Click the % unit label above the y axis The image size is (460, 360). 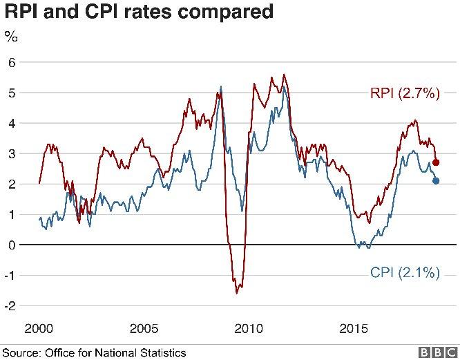[11, 37]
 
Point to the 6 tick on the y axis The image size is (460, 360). [11, 62]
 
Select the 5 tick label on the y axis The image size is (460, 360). [11, 93]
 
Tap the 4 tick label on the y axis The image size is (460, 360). [11, 123]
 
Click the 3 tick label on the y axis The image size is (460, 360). [11, 153]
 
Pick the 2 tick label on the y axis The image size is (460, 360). [11, 184]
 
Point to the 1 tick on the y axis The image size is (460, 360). [11, 214]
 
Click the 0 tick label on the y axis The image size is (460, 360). [11, 245]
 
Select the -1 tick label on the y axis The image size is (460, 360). [10, 275]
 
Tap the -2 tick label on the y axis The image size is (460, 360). [10, 305]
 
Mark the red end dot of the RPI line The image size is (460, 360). [436, 162]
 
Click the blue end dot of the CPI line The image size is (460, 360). [436, 181]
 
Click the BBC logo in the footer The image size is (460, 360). [439, 352]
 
